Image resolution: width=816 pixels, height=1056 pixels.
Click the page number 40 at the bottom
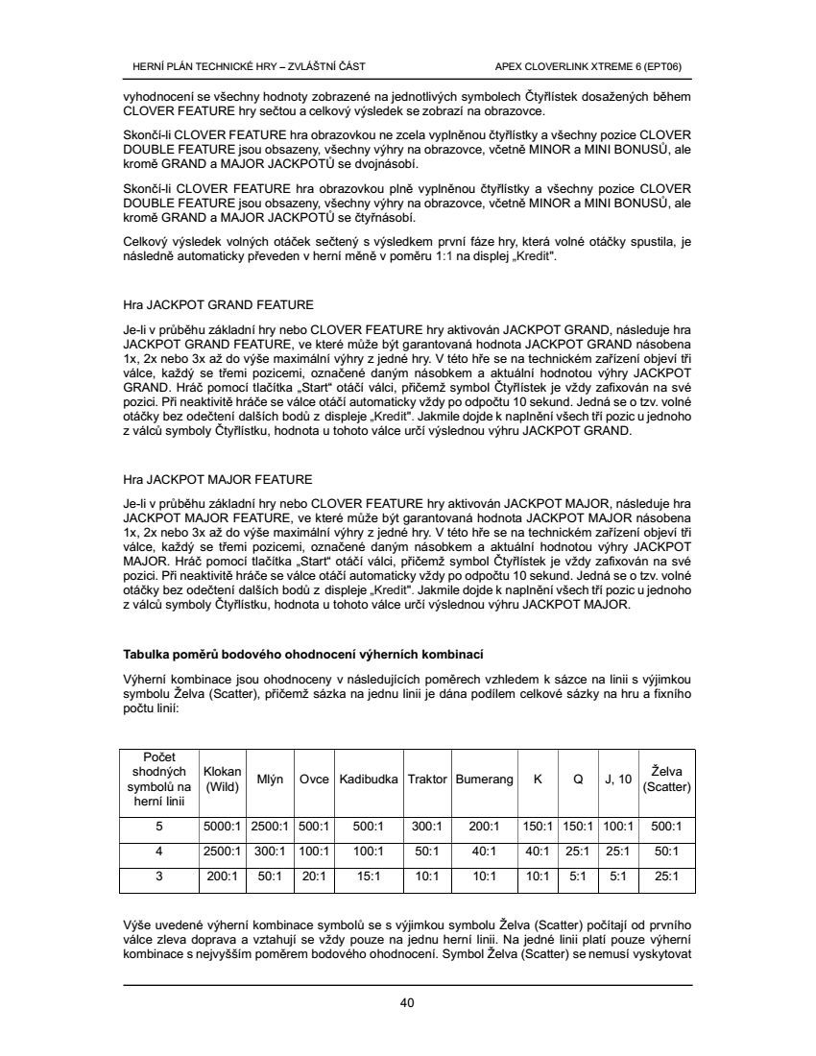407,1004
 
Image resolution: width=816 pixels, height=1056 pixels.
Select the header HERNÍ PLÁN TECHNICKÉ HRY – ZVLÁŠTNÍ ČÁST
248,66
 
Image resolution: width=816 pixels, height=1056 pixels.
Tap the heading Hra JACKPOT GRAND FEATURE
218,305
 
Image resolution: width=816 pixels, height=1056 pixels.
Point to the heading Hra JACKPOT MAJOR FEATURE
218,479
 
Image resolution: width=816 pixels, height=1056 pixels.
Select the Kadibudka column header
369,780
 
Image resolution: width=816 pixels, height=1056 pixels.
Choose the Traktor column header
427,780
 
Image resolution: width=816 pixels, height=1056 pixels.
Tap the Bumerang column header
484,780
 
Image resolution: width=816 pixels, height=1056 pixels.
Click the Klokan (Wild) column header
223,780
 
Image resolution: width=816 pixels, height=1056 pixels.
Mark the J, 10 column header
618,780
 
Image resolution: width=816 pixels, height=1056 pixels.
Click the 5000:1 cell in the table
223,826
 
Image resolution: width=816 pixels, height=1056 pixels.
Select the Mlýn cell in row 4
271,851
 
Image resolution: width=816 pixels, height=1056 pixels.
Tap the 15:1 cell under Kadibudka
369,876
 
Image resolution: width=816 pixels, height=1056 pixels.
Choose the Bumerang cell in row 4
484,851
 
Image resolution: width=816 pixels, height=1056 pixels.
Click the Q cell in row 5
578,826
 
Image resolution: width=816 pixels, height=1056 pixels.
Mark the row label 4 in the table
159,851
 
